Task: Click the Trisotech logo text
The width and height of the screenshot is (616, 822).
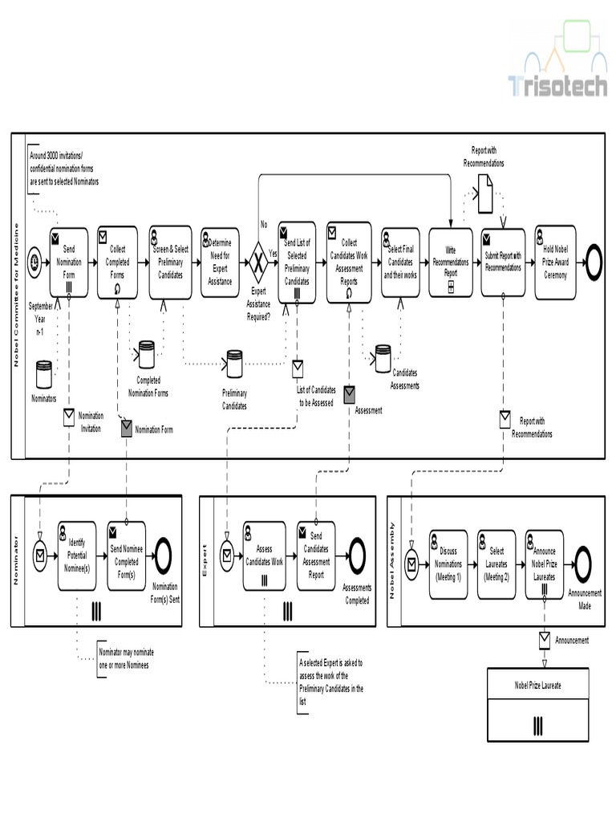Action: pyautogui.click(x=558, y=86)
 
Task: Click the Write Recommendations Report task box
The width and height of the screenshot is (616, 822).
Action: pyautogui.click(x=451, y=262)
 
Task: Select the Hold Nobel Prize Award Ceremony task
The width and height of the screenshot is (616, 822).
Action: pyautogui.click(x=555, y=262)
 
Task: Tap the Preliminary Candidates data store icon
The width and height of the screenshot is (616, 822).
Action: pyautogui.click(x=233, y=364)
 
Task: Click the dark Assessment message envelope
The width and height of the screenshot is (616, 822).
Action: pyautogui.click(x=350, y=394)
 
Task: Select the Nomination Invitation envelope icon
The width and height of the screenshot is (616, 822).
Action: pyautogui.click(x=69, y=417)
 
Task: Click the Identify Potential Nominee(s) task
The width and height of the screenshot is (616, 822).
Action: pyautogui.click(x=77, y=555)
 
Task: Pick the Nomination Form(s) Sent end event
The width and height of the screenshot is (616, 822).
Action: pyautogui.click(x=164, y=555)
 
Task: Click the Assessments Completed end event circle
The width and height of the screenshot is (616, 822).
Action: pyautogui.click(x=354, y=555)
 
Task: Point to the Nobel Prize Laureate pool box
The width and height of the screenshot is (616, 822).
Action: pyautogui.click(x=537, y=705)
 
